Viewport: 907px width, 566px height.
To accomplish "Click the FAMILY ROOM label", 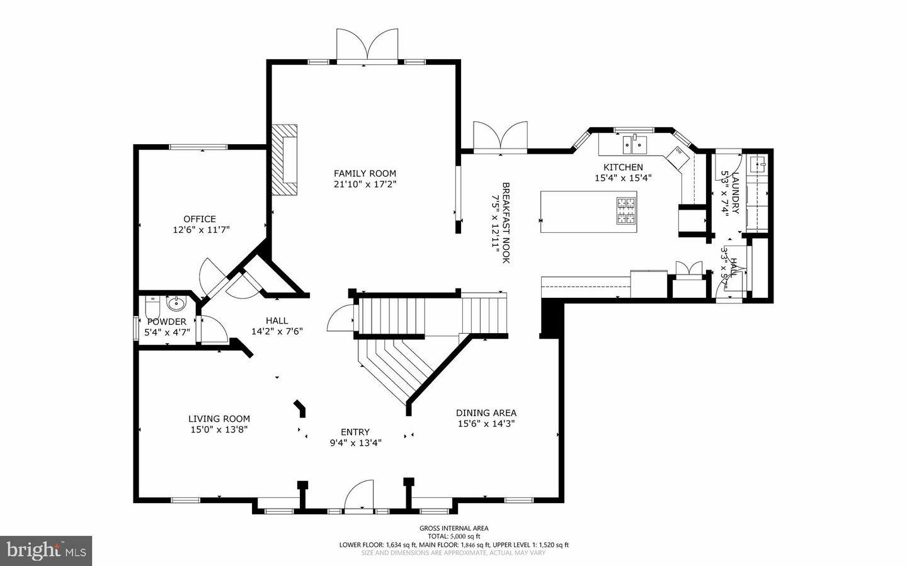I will coord(365,173).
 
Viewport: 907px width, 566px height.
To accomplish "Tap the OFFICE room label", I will coord(200,219).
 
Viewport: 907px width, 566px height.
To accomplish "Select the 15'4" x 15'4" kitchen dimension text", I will coord(623,178).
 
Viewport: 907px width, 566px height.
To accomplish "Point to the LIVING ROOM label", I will coord(219,419).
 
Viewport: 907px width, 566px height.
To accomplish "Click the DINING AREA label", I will coord(486,413).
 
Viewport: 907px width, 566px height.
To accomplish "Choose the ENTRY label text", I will coord(355,432).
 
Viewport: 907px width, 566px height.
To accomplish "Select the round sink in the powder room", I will coord(176,304).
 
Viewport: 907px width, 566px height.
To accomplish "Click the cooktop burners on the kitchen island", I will coord(625,210).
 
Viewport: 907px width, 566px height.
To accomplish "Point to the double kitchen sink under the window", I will coord(635,145).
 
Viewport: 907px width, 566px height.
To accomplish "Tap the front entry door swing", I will coord(360,495).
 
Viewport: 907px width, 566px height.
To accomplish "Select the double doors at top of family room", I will coord(367,45).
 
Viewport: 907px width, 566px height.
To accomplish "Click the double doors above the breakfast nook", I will coord(501,136).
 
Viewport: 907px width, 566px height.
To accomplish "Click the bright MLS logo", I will coord(46,551).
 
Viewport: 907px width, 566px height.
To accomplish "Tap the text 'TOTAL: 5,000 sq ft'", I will coord(454,536).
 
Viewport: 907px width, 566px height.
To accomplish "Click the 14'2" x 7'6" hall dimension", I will coord(277,331).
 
